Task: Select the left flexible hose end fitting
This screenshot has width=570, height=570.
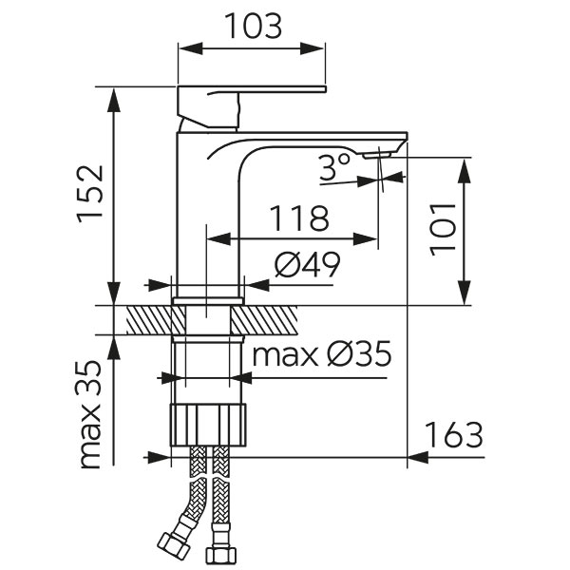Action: point(170,547)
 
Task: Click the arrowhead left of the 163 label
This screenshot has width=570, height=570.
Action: point(416,457)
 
